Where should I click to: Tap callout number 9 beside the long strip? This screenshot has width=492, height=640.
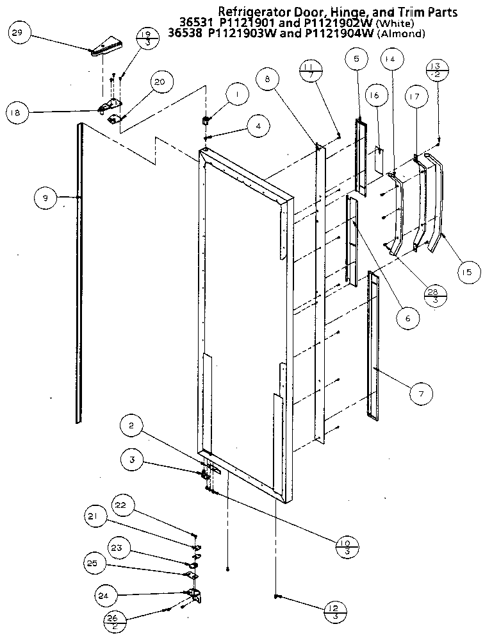click(45, 199)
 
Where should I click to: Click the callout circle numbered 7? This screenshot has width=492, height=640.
click(420, 393)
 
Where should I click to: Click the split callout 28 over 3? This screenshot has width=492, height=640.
click(436, 294)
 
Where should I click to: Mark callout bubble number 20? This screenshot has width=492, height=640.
click(160, 82)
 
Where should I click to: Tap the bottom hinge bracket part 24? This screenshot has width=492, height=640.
click(193, 595)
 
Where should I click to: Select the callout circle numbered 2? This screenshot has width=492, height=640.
click(131, 426)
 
